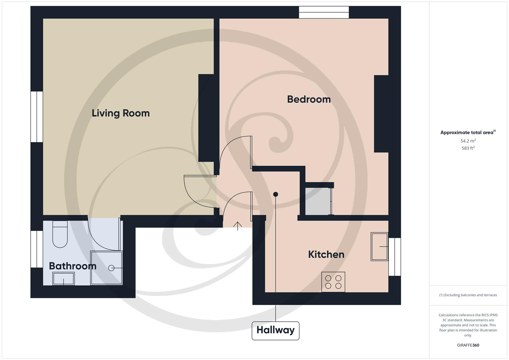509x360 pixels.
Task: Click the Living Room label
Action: pyautogui.click(x=121, y=113)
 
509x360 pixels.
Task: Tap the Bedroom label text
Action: pyautogui.click(x=309, y=99)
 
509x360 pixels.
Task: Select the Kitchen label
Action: pyautogui.click(x=326, y=255)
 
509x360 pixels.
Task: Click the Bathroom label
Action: pyautogui.click(x=72, y=266)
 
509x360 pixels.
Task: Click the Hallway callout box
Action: pyautogui.click(x=275, y=330)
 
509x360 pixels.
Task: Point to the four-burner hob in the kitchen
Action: pyautogui.click(x=333, y=282)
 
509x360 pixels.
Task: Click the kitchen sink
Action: pyautogui.click(x=379, y=247)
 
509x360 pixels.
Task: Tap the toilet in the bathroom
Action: pyautogui.click(x=60, y=235)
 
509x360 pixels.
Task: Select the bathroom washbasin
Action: pyautogui.click(x=63, y=279)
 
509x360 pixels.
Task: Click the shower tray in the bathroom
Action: pyautogui.click(x=106, y=268)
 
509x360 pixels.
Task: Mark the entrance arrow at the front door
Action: pyautogui.click(x=237, y=226)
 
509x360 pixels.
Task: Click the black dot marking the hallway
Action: pyautogui.click(x=275, y=194)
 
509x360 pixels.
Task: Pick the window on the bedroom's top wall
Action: pyautogui.click(x=324, y=12)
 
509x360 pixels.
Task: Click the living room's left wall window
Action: pyautogui.click(x=37, y=117)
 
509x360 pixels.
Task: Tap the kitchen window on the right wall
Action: pyautogui.click(x=395, y=257)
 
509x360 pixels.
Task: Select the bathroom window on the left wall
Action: pyautogui.click(x=37, y=249)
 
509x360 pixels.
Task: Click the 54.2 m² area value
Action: pyautogui.click(x=468, y=141)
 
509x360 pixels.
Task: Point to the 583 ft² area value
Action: pyautogui.click(x=468, y=148)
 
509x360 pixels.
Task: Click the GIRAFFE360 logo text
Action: pyautogui.click(x=468, y=345)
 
